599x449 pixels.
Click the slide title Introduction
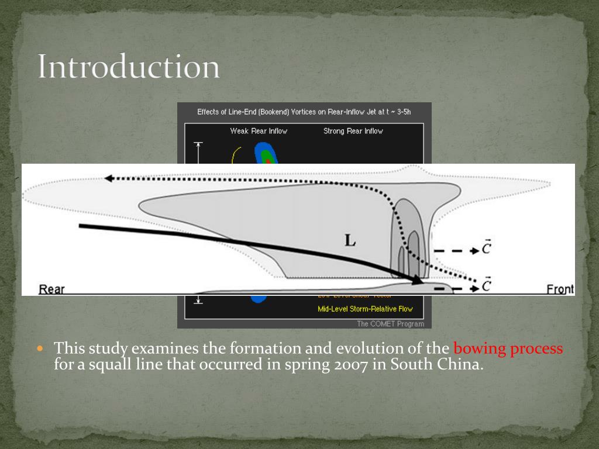click(x=129, y=67)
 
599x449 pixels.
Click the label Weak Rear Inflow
click(x=259, y=131)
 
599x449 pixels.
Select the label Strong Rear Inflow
click(x=353, y=131)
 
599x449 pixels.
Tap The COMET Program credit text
click(x=390, y=323)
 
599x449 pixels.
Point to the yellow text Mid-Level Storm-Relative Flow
click(x=365, y=309)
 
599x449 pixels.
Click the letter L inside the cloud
click(x=350, y=240)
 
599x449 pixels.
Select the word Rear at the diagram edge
click(x=51, y=289)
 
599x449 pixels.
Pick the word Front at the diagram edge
click(x=560, y=289)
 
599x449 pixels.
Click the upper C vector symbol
click(x=486, y=248)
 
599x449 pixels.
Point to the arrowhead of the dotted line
click(x=109, y=179)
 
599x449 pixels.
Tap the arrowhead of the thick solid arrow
click(x=416, y=281)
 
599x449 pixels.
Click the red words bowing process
click(x=508, y=349)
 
